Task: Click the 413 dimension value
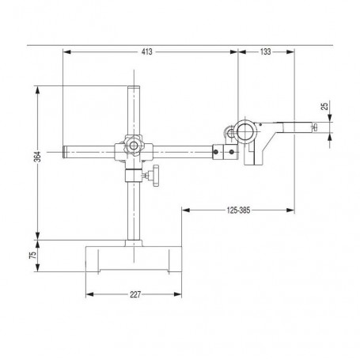146,51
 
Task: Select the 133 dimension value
265,51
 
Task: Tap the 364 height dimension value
38,157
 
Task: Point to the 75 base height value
33,255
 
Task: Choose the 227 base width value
135,294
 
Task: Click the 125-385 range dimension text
238,210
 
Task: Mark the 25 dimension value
325,106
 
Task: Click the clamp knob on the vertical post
154,176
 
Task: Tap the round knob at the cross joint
133,145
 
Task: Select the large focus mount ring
247,131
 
